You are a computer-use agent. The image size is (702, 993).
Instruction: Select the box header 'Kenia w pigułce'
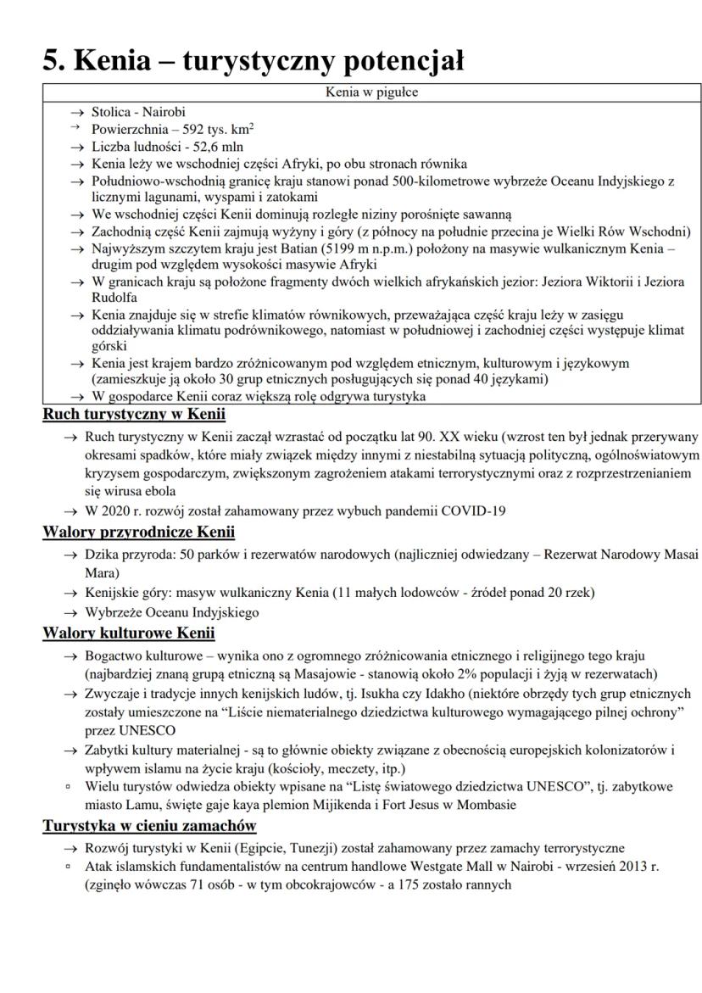tap(371, 92)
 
